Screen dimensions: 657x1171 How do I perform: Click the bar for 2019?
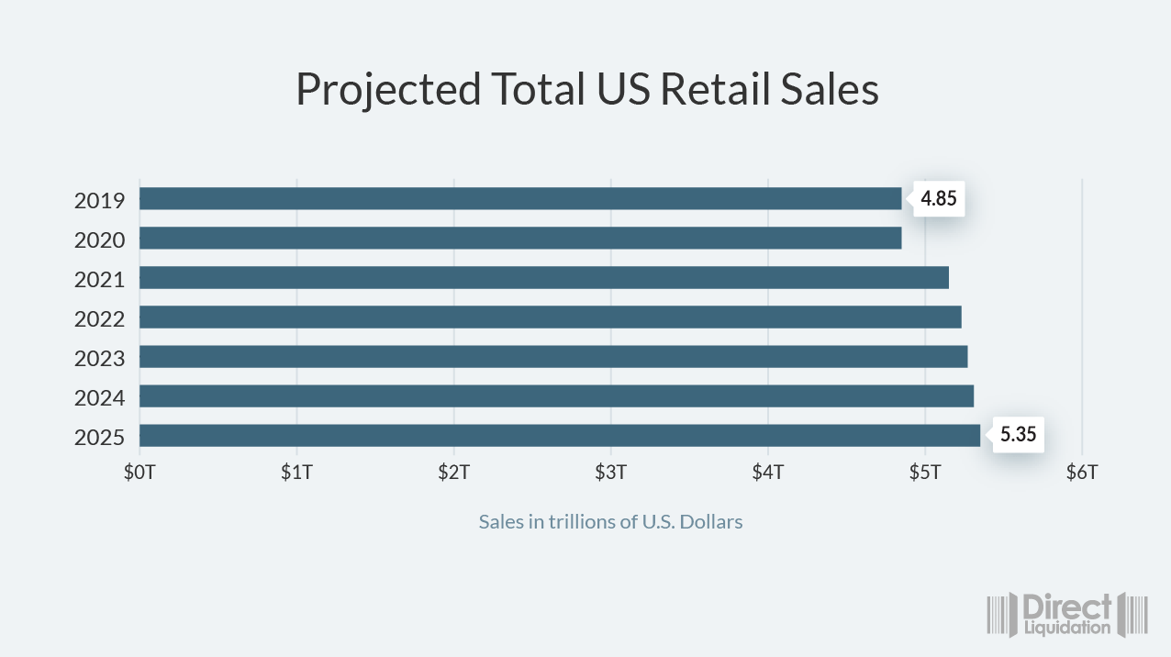pyautogui.click(x=520, y=198)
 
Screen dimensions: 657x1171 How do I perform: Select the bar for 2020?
pyautogui.click(x=520, y=238)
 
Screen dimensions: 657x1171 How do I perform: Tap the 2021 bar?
pyautogui.click(x=543, y=277)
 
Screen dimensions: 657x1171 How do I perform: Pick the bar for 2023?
pyautogui.click(x=553, y=356)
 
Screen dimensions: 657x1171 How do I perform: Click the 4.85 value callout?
pyautogui.click(x=939, y=198)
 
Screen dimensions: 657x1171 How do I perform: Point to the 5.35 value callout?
pyautogui.click(x=1018, y=435)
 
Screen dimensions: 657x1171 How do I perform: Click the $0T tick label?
pyautogui.click(x=139, y=473)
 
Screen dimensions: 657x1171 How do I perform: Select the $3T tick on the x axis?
pyautogui.click(x=610, y=473)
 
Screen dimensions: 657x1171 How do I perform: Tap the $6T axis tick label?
pyautogui.click(x=1082, y=473)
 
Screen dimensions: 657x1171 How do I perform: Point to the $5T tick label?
pyautogui.click(x=925, y=473)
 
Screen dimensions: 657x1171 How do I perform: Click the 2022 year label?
pyautogui.click(x=99, y=318)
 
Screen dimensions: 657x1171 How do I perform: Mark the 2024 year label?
pyautogui.click(x=99, y=397)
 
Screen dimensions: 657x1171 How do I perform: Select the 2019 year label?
pyautogui.click(x=99, y=200)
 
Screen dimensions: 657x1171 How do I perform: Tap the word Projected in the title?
pyautogui.click(x=387, y=90)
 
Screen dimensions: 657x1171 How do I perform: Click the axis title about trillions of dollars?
pyautogui.click(x=610, y=521)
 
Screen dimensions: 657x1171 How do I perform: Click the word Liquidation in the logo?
pyautogui.click(x=1067, y=629)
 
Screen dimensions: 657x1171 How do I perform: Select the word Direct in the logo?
pyautogui.click(x=1067, y=607)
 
